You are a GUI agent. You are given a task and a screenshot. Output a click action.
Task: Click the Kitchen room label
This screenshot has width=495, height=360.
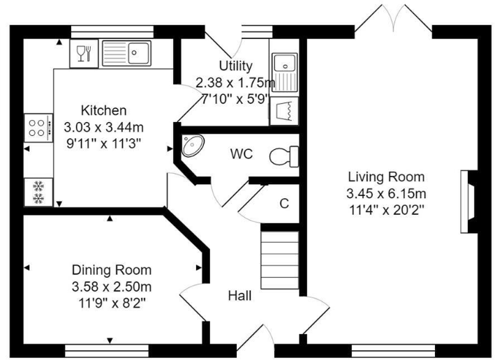coord(104,110)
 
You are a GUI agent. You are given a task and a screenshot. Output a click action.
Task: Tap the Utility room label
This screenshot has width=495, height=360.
coord(235,66)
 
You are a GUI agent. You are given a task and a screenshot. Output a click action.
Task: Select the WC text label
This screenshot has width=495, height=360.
coord(242,153)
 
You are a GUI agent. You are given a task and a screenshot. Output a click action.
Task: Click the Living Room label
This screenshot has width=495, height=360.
coord(386,177)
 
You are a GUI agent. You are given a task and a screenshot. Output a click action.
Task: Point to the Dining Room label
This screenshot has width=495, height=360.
coord(112,270)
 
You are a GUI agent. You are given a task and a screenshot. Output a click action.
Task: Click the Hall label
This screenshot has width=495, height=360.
coord(239,296)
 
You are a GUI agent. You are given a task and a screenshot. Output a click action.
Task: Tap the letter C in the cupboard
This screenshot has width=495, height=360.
coord(284,204)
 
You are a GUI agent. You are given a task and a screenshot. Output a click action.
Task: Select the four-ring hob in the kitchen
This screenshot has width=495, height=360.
coord(38,127)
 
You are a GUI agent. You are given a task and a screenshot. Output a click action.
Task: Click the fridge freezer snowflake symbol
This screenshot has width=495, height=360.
coord(38,193)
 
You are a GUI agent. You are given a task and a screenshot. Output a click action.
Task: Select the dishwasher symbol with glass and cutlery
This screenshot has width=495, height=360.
coord(83,53)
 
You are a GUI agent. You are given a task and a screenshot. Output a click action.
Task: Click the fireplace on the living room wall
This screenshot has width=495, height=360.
coord(467,202)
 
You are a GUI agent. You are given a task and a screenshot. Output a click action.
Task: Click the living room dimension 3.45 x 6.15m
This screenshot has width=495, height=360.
coord(386,193)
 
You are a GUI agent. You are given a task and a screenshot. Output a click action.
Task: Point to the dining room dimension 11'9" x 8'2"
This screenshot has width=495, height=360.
coord(112,302)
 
